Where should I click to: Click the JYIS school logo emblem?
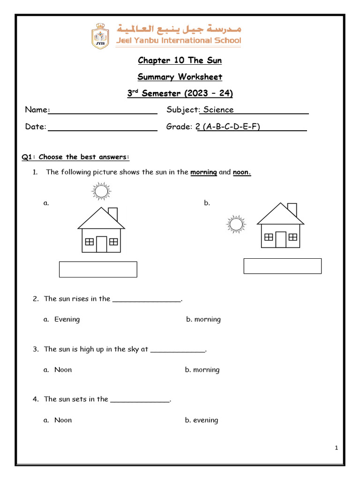(101, 36)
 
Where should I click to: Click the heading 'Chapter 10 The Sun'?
(180, 60)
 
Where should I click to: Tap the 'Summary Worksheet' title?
(180, 77)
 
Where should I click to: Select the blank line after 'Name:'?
(103, 111)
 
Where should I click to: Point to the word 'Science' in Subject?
(218, 110)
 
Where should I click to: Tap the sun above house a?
(100, 191)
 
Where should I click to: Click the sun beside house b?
(236, 224)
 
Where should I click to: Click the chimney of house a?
(112, 214)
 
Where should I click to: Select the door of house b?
(280, 239)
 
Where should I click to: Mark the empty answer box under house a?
(98, 270)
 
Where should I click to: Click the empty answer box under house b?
(282, 266)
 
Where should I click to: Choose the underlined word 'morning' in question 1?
(203, 172)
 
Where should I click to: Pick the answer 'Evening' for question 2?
(67, 319)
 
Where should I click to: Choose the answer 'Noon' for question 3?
(63, 370)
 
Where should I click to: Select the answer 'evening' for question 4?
(205, 420)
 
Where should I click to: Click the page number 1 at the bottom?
(337, 449)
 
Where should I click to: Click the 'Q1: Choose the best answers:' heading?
(75, 157)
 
